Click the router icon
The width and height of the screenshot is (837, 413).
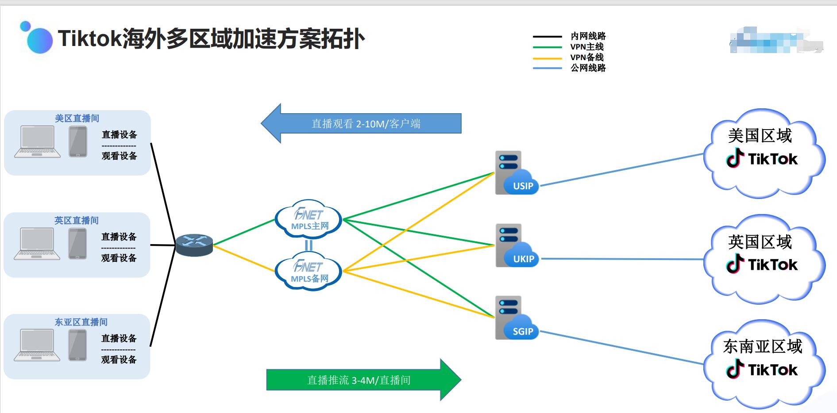[x=194, y=245]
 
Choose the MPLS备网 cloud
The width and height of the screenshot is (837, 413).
[x=309, y=272]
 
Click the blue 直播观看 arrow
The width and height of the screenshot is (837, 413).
[x=361, y=123]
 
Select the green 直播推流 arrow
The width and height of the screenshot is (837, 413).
[x=363, y=380]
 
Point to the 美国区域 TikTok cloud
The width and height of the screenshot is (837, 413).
[x=763, y=153]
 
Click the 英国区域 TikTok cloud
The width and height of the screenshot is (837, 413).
[x=763, y=259]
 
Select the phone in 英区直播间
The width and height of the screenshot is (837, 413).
[x=77, y=244]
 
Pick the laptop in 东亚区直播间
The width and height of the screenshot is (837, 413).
[x=37, y=345]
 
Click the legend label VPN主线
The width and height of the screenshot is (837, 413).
[x=587, y=47]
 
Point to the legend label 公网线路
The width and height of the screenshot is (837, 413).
[x=588, y=68]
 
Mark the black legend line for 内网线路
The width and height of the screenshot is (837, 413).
[x=547, y=36]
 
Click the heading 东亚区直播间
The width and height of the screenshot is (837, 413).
[x=81, y=322]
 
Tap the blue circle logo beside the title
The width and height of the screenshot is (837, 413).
[x=39, y=40]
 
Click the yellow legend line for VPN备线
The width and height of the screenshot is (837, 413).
[x=547, y=58]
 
